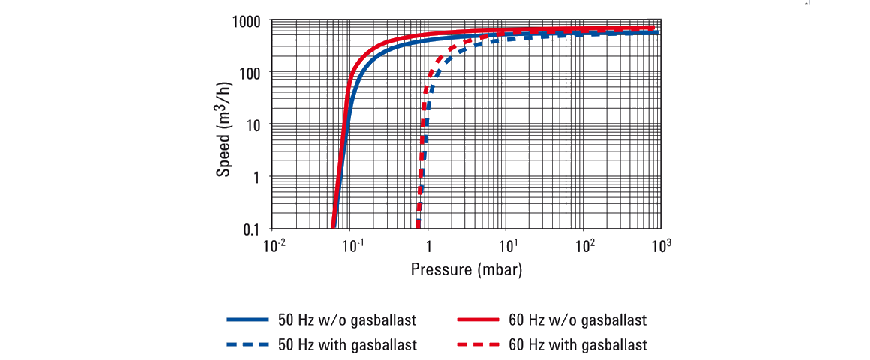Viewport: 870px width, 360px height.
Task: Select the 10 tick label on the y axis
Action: coord(253,125)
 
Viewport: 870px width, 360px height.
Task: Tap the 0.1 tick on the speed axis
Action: coord(251,229)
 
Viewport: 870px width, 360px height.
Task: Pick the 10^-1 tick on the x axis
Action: coord(352,244)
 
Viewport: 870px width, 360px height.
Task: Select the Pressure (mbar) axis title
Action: coord(466,268)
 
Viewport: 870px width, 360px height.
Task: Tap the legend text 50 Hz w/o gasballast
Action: coord(347,320)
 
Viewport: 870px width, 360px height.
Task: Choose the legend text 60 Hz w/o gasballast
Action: coord(577,320)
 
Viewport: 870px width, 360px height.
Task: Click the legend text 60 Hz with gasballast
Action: coord(578,345)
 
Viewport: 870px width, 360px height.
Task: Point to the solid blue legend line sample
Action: coord(247,320)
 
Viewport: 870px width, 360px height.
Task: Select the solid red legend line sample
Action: coord(478,320)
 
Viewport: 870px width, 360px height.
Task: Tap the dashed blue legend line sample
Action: coord(247,345)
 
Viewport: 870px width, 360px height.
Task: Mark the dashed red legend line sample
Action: coord(478,345)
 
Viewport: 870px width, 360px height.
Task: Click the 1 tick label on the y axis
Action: coord(257,177)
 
